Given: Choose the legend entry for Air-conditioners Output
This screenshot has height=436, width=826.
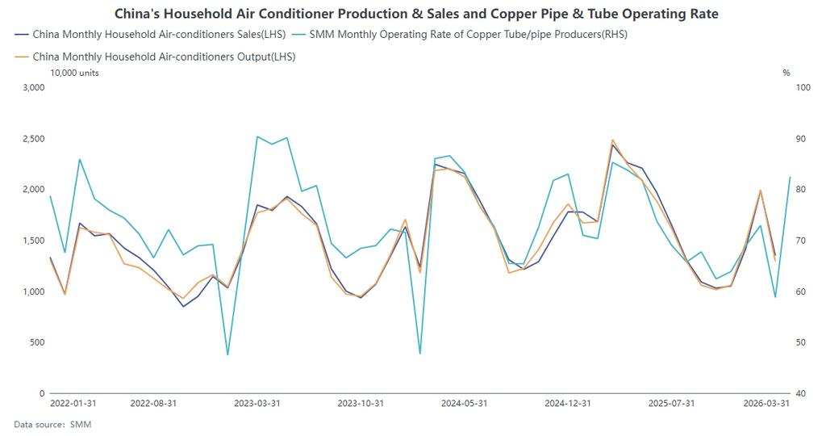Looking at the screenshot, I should click(160, 57).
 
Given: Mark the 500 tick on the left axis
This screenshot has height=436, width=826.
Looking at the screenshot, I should click(37, 342).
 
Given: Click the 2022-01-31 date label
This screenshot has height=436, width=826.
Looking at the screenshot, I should click(73, 403).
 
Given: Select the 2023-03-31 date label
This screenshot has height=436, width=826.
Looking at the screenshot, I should click(257, 403).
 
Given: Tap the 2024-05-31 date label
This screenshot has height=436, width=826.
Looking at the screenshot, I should click(464, 403).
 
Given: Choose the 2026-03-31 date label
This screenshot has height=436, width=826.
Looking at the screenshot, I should click(766, 403).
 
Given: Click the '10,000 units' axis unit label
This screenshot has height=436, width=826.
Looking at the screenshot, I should click(75, 73).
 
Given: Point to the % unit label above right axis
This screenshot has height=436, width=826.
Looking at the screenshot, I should click(786, 73).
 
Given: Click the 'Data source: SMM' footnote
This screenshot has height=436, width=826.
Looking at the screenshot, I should click(52, 424).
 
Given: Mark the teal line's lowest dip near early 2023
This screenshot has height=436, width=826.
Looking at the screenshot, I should click(227, 354).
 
